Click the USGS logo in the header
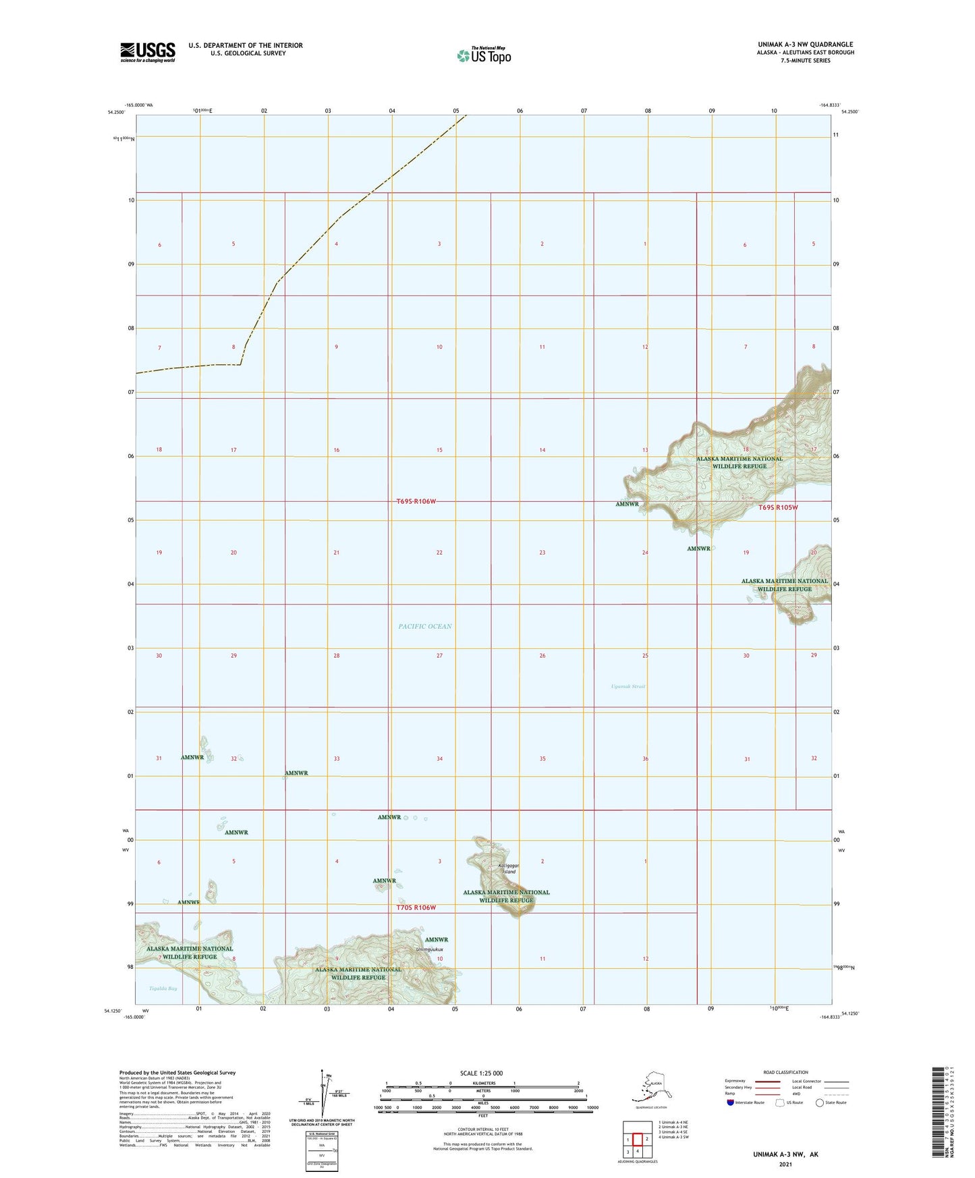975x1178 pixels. point(147,52)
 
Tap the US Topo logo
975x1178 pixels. point(483,55)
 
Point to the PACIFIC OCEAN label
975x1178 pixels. point(424,626)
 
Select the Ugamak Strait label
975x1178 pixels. point(628,686)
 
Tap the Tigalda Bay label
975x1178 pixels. point(163,988)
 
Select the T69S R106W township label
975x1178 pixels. point(416,501)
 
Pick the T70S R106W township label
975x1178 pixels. point(416,907)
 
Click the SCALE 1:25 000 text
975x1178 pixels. point(481,1073)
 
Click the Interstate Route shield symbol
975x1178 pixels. point(731,1102)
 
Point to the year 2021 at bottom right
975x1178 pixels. point(785,1164)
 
